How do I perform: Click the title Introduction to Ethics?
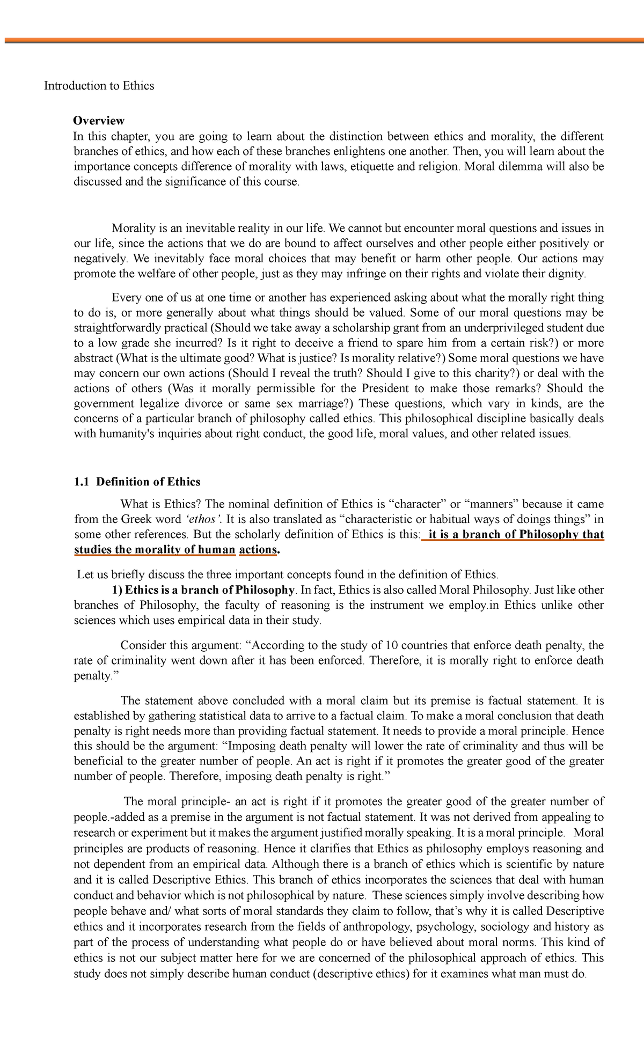click(99, 86)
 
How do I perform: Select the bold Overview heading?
click(99, 121)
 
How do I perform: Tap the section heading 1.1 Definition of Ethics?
click(137, 482)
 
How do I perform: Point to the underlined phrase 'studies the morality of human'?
click(155, 550)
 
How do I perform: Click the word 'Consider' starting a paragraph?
click(142, 645)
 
